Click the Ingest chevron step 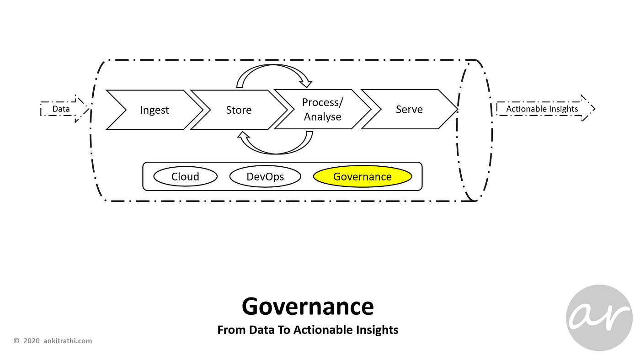[155, 110]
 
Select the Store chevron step [239, 110]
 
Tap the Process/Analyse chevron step [322, 110]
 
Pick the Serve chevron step [409, 109]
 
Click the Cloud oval [185, 177]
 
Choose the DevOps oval [265, 177]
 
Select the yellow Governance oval [363, 177]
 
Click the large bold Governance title [308, 307]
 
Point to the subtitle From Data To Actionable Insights [308, 330]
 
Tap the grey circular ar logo [599, 318]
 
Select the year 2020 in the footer [32, 341]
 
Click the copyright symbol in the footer [16, 341]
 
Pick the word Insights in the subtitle [379, 330]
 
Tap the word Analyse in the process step [323, 117]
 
